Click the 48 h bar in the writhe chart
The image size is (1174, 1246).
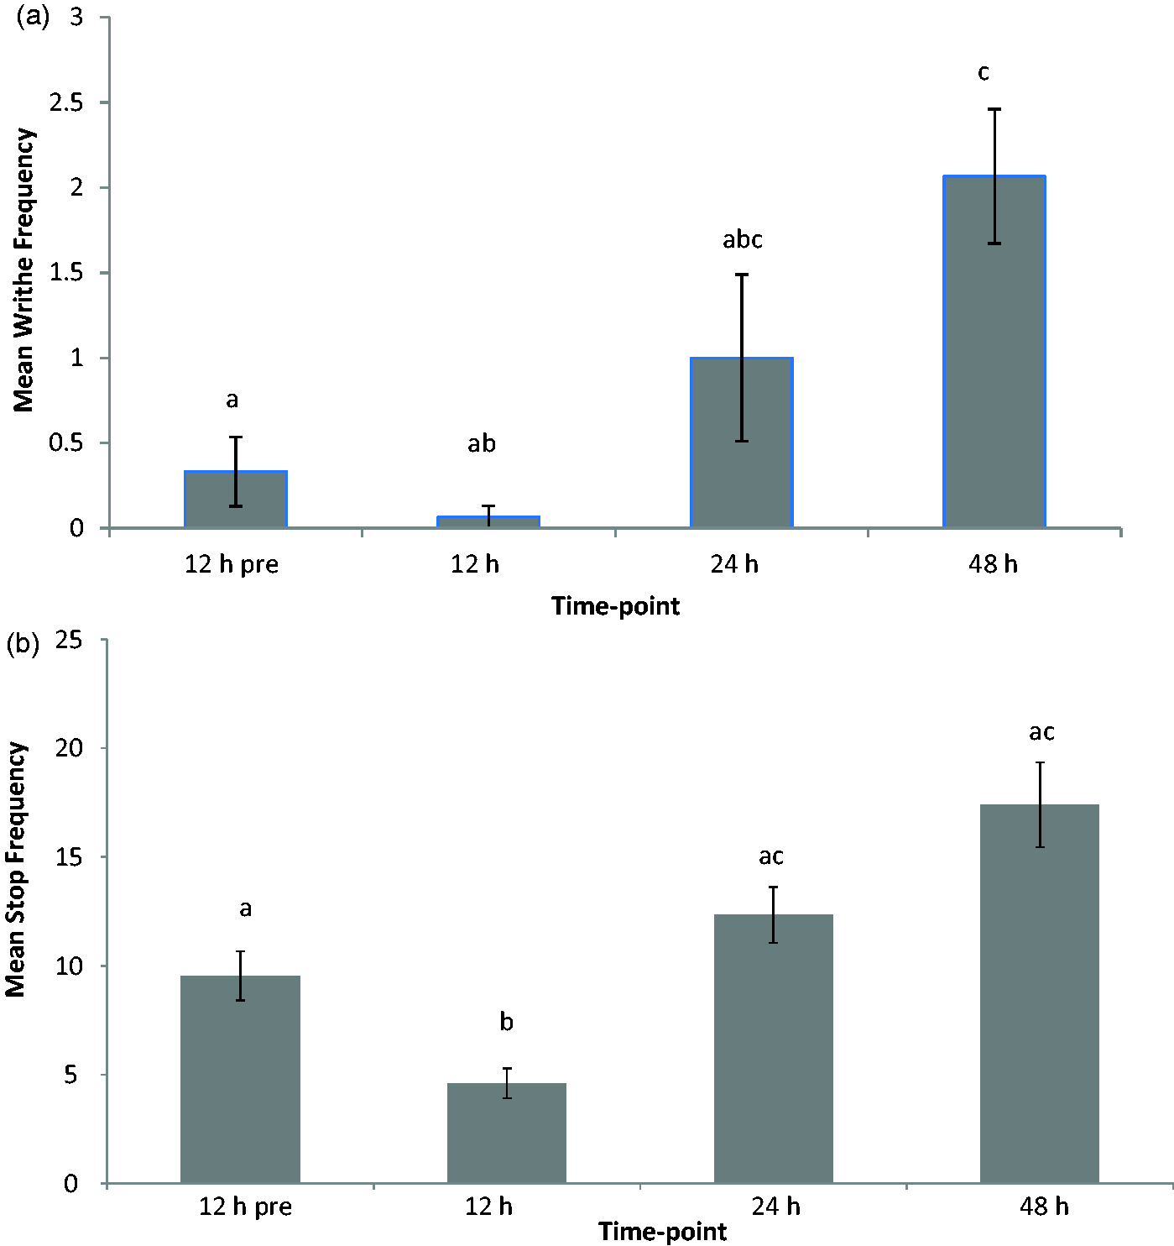click(994, 351)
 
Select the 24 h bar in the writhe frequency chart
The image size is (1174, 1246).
click(742, 442)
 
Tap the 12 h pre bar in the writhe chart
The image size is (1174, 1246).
click(236, 499)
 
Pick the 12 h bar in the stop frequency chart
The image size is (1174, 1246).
click(507, 1133)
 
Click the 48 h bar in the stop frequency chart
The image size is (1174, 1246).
click(1040, 993)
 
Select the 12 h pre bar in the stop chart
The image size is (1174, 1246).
click(240, 1079)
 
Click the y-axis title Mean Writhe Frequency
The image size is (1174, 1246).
click(23, 270)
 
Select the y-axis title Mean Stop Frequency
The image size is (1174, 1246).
click(15, 870)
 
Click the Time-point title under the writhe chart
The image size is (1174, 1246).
click(615, 606)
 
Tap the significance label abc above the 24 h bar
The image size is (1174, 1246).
click(743, 239)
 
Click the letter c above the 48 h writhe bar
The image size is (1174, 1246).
click(984, 73)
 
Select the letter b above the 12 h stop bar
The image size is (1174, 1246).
click(506, 1022)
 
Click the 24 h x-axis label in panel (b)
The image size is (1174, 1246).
click(775, 1207)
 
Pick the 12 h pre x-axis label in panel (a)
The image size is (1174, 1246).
click(232, 565)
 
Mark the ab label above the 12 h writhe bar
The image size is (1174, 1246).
click(482, 443)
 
